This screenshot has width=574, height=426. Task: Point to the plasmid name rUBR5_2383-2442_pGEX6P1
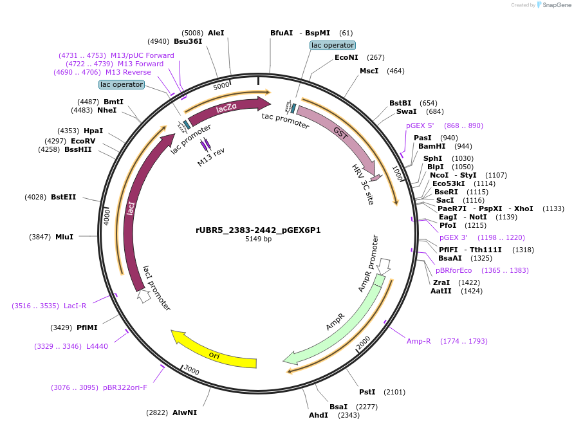coord(258,230)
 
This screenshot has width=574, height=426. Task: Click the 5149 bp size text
coord(258,239)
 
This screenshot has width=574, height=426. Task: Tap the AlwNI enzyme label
coord(184,412)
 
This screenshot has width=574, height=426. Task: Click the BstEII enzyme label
coord(63,197)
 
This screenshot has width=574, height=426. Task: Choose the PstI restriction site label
coord(367,392)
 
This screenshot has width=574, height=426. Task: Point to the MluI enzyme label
coord(64,237)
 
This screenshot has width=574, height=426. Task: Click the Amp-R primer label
coord(418,341)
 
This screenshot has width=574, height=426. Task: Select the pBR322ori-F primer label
coord(125,387)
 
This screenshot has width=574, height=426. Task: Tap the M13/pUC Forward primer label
coord(142,55)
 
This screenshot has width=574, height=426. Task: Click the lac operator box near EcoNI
coord(332,45)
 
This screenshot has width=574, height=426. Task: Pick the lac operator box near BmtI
coord(122,84)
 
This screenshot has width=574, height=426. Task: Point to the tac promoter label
coord(285,120)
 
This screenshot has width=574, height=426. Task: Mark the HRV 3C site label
coord(363,184)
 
